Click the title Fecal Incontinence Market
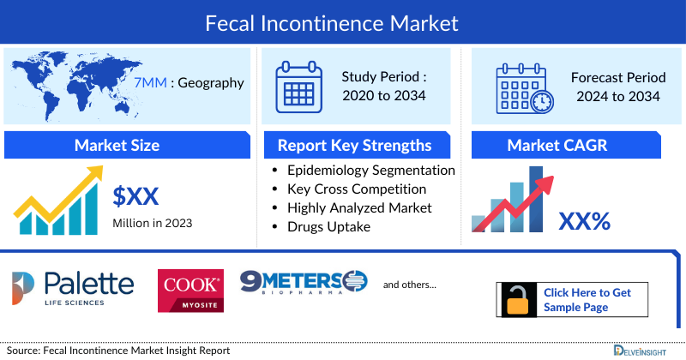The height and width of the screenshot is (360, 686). (343, 21)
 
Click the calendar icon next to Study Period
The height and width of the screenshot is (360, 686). (299, 86)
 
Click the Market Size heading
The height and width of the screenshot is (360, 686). (117, 145)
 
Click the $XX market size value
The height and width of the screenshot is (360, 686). (136, 197)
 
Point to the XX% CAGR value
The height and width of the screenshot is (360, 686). (584, 221)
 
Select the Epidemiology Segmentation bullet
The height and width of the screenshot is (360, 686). (371, 170)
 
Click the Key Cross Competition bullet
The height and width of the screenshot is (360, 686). (357, 189)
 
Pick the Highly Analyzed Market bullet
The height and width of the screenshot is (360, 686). (359, 207)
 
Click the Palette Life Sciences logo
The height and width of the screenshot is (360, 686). (73, 289)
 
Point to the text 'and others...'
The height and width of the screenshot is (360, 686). (409, 285)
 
